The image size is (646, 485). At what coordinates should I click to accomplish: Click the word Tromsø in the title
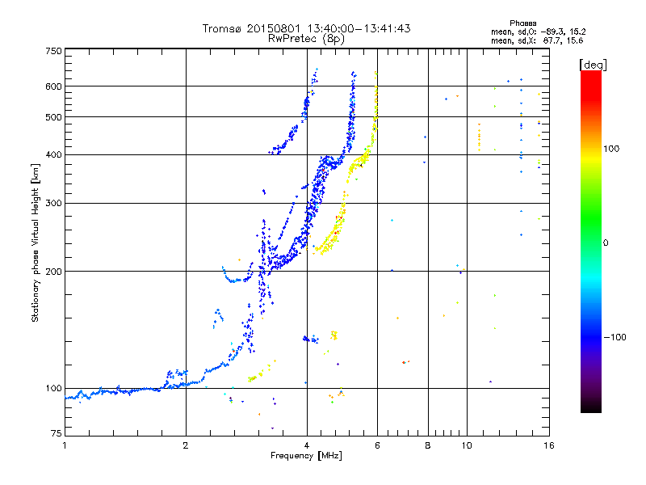(221, 28)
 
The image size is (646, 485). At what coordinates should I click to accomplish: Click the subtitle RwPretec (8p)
(307, 38)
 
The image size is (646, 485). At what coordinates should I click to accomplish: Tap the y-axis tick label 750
(53, 51)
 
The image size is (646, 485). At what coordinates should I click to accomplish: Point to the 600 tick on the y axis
(53, 86)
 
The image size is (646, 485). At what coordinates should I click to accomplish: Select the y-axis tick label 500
(53, 117)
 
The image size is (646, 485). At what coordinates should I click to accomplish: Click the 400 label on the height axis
(53, 154)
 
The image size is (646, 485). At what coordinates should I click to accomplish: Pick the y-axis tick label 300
(53, 203)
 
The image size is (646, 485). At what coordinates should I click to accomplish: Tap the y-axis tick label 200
(53, 272)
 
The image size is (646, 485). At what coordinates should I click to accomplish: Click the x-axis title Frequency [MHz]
(306, 456)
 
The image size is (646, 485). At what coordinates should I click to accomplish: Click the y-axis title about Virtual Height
(35, 242)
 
